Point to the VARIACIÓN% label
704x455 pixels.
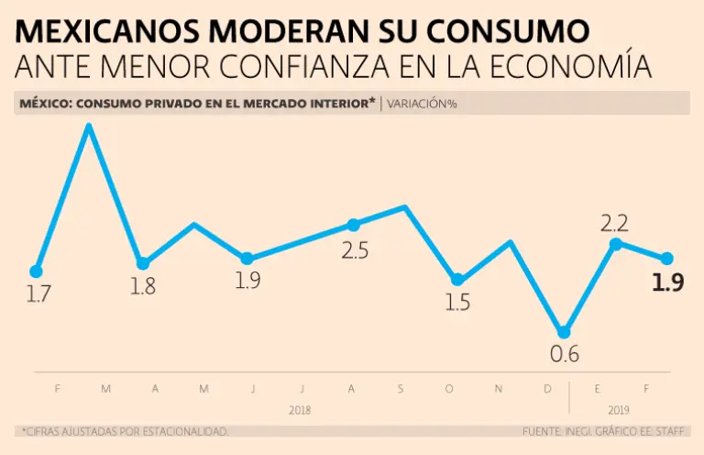point(423,104)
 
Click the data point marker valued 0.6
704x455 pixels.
point(565,332)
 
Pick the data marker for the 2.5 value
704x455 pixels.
point(354,225)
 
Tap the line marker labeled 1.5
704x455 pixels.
point(457,280)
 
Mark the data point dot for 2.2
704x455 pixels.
point(616,243)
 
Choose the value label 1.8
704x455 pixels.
point(142,286)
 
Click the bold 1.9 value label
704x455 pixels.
point(667,283)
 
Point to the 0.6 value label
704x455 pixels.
point(565,354)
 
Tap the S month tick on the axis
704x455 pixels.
point(401,389)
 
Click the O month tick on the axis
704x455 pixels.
point(449,389)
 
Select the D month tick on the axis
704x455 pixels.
point(547,389)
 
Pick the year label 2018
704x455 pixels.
point(300,410)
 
